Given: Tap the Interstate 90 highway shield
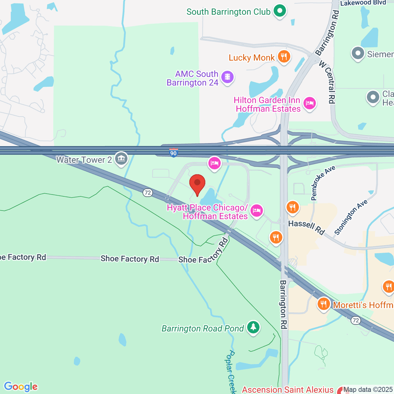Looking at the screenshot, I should pos(173,153).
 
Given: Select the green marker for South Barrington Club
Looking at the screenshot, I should pos(280,11).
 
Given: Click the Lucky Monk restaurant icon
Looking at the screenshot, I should pos(284,57).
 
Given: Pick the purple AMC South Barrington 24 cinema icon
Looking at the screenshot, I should pos(227,77).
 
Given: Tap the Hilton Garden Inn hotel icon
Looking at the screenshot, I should pos(309,104).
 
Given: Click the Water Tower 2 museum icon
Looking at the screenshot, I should pos(121,159).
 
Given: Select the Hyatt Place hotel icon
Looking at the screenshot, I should pos(256,211).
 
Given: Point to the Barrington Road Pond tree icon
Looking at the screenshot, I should pos(253,327).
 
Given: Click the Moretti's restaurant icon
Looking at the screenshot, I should pos(324,304).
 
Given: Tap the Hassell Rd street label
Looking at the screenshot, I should pos(306,227).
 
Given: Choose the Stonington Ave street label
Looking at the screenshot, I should pos(351,217).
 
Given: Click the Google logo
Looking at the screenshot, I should pos(21,387).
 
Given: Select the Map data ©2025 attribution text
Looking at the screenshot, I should pos(368,390).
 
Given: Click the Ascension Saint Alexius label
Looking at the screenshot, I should pos(288,390).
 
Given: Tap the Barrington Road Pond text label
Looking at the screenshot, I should pos(203,328).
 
